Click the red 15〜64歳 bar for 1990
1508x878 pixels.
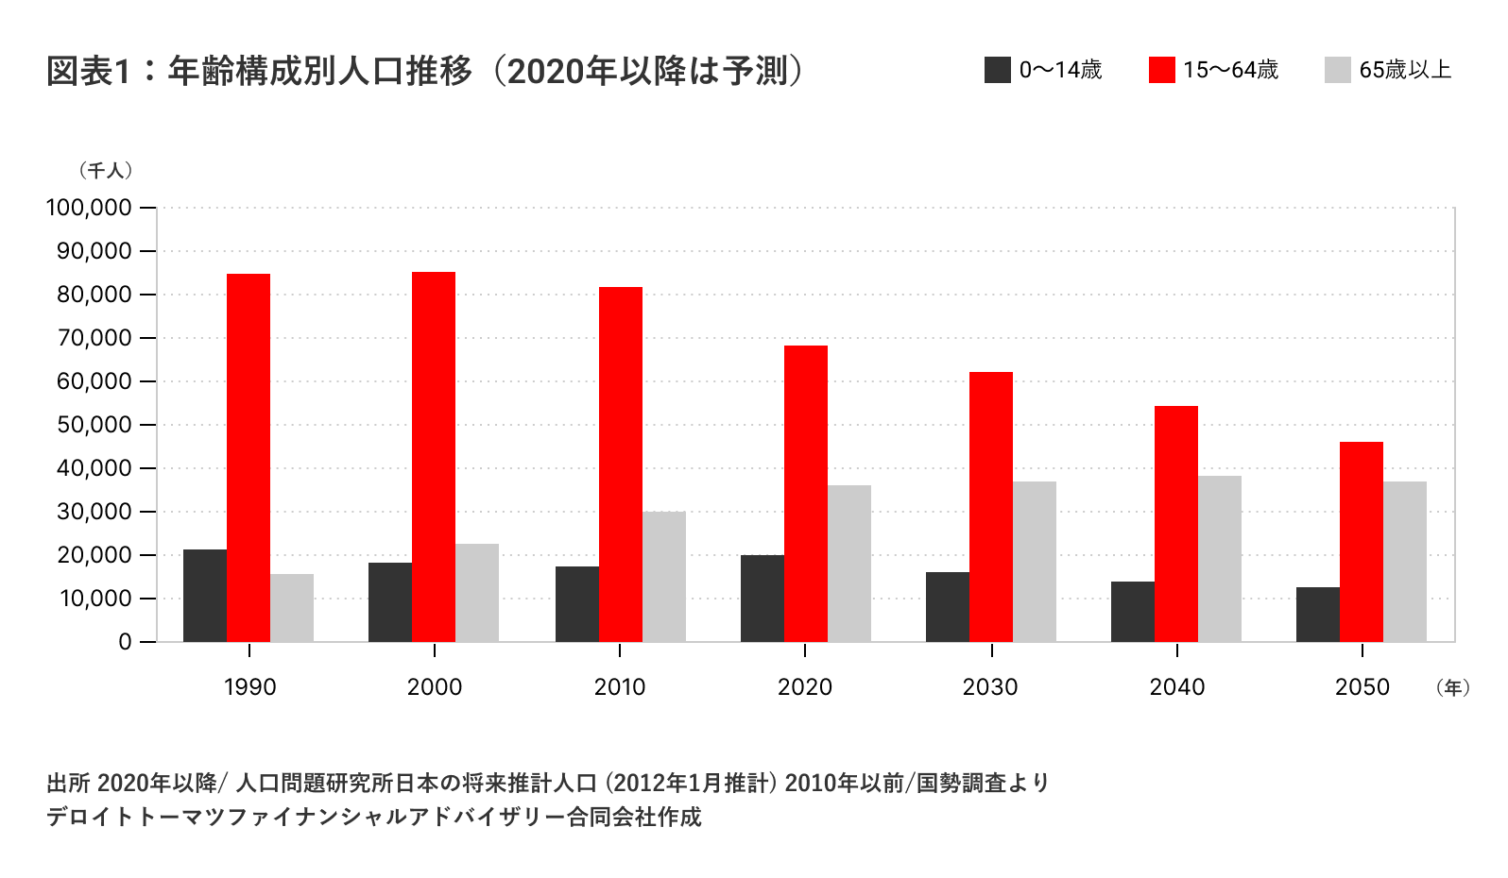248,458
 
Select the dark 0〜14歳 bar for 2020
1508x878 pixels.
763,599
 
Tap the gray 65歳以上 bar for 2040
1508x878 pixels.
1220,559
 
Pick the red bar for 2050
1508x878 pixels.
1362,542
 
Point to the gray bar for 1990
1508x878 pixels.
292,608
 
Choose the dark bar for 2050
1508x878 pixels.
1318,615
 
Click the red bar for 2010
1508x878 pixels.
621,464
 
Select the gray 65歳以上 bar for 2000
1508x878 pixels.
477,593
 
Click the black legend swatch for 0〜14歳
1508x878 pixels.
998,70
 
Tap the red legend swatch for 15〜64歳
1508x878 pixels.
1162,70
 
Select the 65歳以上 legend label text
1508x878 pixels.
1405,70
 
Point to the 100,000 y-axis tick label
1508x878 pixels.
88,208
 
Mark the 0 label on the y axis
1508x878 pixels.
125,642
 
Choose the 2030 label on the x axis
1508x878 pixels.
990,687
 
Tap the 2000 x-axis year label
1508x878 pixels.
435,687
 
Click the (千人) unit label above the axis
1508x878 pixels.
106,171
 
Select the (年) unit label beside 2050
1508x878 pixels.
1451,687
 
